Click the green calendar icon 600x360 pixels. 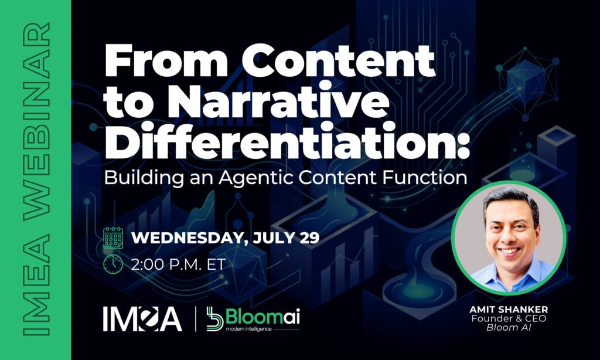pos(113,238)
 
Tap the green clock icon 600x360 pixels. pos(113,264)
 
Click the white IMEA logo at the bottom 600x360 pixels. pos(142,318)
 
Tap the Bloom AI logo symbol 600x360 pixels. pos(214,318)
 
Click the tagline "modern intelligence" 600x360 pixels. pos(248,328)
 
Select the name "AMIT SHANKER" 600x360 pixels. pos(509,310)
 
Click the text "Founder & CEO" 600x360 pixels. pos(509,318)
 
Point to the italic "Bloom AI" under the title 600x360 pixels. pos(509,327)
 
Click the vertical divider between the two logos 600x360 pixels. pos(196,318)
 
